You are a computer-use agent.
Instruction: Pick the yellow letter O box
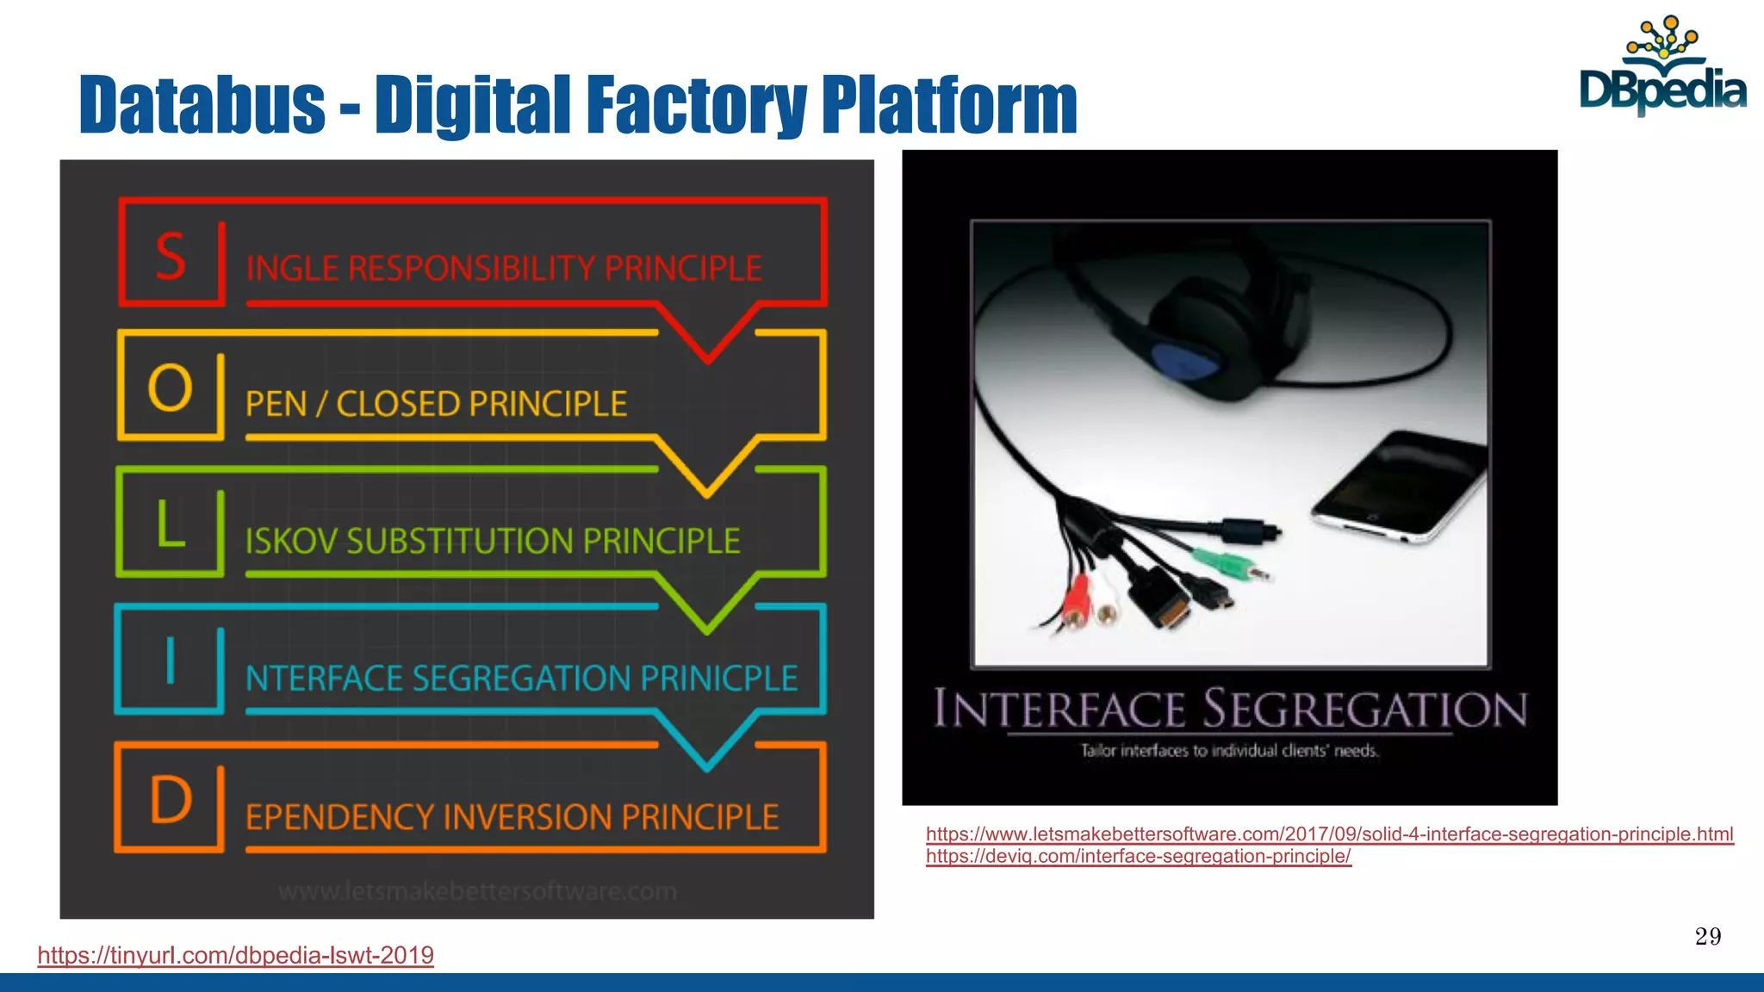click(x=171, y=387)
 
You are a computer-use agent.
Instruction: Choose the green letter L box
click(x=171, y=524)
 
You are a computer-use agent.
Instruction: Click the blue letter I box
click(x=171, y=661)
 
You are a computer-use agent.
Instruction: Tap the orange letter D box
click(x=171, y=799)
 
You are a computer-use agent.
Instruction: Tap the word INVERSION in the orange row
click(x=527, y=817)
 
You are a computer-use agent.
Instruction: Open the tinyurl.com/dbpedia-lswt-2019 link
click(x=235, y=955)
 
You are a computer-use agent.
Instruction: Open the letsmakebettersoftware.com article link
click(x=1329, y=834)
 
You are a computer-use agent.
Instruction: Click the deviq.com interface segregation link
click(x=1138, y=856)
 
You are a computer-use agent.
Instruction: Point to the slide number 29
click(x=1707, y=936)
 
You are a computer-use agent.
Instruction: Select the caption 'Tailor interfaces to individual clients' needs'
click(x=1229, y=751)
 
